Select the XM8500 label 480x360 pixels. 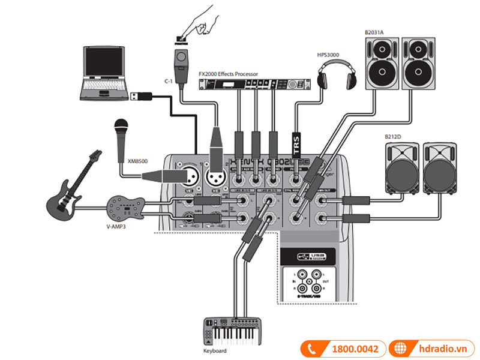tap(138, 161)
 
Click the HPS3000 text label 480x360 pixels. tap(328, 55)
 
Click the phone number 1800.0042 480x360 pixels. tap(354, 347)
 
